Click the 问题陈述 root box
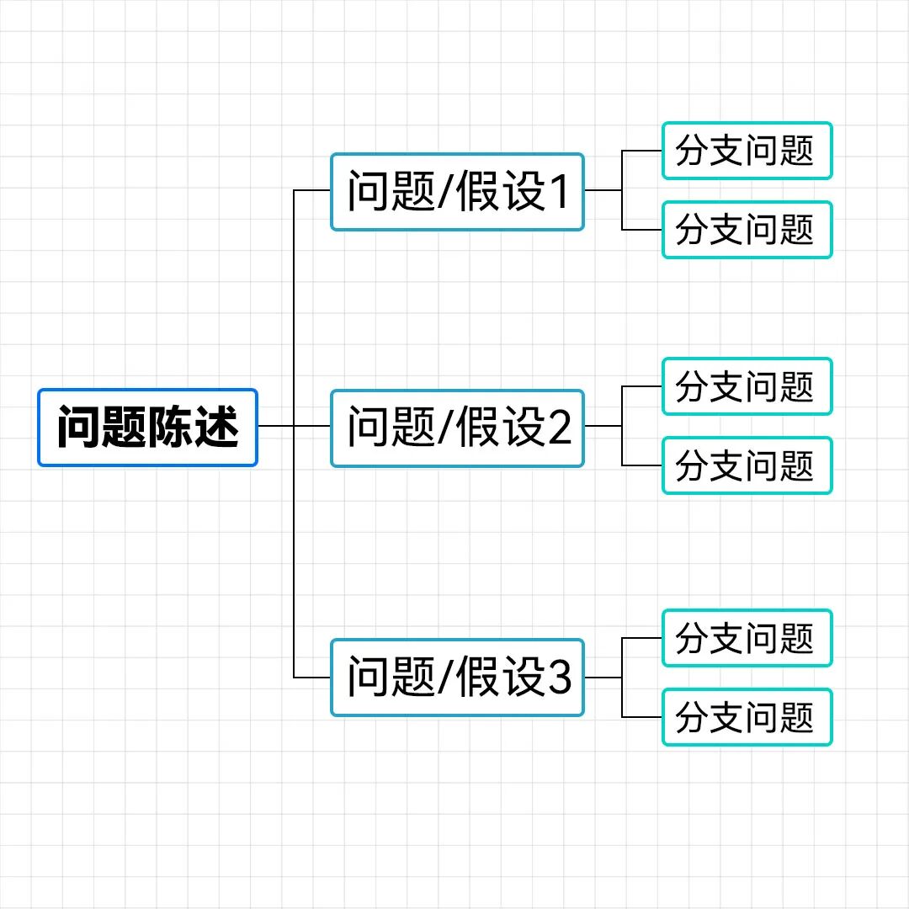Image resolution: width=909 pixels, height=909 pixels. point(147,427)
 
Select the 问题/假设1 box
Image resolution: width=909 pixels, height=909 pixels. point(457,192)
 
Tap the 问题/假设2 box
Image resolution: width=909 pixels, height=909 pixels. point(457,428)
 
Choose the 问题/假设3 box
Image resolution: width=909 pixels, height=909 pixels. point(457,678)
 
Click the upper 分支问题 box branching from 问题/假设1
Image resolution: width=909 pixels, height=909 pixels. point(747,151)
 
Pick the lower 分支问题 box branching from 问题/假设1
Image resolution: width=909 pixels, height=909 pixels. point(747,230)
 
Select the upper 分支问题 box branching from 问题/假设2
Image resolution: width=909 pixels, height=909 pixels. point(747,387)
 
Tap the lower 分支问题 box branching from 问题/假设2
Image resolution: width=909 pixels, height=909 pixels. point(747,465)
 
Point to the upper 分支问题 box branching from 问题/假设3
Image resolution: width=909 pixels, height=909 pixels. point(747,639)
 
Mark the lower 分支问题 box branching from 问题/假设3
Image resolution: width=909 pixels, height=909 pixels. point(747,717)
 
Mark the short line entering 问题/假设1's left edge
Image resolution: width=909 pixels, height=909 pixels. point(312,190)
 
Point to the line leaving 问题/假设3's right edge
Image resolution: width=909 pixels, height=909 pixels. point(603,678)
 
